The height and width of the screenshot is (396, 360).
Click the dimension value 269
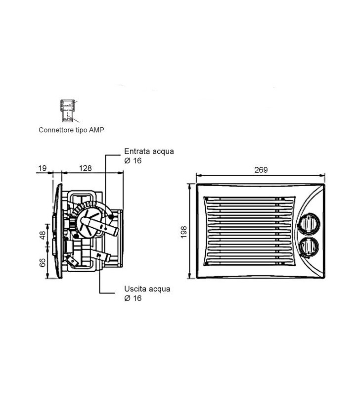261,170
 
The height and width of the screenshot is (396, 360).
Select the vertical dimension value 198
184,232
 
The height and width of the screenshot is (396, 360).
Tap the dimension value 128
86,168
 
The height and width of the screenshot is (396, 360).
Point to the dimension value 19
42,168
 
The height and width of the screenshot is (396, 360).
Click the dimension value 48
43,235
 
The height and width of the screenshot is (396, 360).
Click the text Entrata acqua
149,151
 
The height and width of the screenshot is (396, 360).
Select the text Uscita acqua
147,289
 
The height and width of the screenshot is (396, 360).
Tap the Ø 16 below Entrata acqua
133,161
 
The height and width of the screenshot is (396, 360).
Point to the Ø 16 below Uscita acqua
133,298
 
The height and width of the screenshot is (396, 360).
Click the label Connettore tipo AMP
71,130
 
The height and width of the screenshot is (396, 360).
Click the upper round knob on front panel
308,222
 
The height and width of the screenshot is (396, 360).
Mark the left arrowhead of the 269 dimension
198,175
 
